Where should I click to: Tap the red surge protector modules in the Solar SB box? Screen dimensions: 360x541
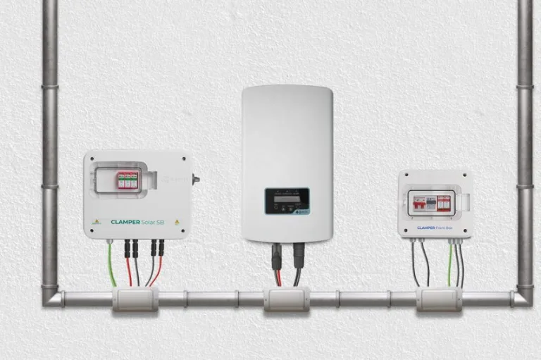tap(128, 180)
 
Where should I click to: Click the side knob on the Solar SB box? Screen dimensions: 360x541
tap(196, 179)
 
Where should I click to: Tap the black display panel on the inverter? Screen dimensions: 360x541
tap(286, 200)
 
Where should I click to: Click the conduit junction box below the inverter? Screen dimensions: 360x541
tap(286, 299)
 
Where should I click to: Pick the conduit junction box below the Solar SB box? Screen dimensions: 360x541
tap(135, 299)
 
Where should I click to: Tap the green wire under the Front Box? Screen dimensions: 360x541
tap(449, 264)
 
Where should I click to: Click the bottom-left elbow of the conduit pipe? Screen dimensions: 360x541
tap(51, 297)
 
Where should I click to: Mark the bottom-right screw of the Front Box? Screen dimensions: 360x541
tap(465, 232)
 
